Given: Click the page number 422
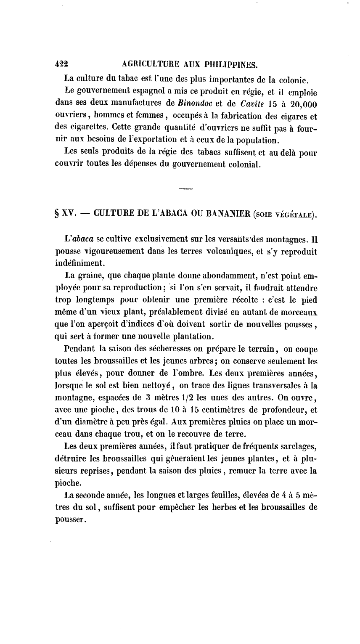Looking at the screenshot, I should pos(62,64).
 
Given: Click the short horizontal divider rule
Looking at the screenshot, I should pos(185,190).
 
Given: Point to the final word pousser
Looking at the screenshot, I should pos(70,519).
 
